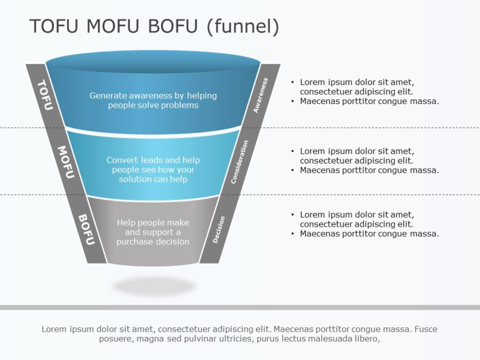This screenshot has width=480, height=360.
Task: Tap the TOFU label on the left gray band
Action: coord(44,94)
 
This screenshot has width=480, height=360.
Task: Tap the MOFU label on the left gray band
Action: coord(66,162)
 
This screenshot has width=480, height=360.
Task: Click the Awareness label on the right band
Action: coord(261,95)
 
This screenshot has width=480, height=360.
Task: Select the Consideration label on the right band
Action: coord(239,162)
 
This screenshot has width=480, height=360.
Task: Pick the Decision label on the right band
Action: coord(219,229)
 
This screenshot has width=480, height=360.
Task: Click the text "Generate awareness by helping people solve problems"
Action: coord(153,100)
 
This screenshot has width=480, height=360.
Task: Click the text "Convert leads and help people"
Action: coord(153,165)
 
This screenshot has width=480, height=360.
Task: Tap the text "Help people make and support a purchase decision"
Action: coord(153,232)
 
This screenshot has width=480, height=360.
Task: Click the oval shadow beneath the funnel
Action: coord(154,286)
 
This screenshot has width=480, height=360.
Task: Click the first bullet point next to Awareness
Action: coord(357,87)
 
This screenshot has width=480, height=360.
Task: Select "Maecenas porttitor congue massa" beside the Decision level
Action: coord(369,233)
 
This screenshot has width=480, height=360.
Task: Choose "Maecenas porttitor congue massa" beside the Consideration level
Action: coord(369,170)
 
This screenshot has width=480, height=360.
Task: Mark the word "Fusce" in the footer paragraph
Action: coord(426,329)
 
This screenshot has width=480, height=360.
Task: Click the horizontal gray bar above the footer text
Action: coord(240,307)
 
